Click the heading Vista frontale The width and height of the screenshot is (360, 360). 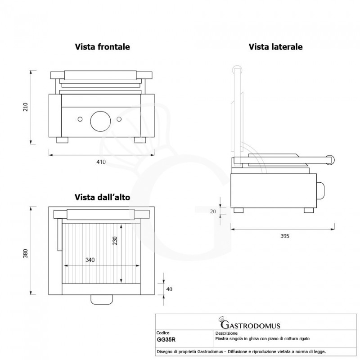103,46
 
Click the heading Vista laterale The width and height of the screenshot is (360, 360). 275,46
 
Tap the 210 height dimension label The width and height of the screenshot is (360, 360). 26,107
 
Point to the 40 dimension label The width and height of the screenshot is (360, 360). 169,289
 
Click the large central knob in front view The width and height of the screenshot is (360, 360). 99,119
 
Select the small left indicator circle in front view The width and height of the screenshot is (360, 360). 80,119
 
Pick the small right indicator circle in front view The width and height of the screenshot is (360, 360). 119,119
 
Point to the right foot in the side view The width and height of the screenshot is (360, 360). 309,210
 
